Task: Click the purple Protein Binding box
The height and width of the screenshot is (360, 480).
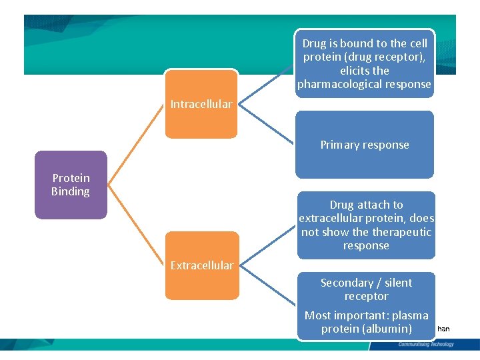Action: click(x=71, y=185)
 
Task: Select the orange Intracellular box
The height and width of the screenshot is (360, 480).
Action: click(x=201, y=104)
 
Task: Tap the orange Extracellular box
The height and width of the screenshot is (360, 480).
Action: click(x=201, y=265)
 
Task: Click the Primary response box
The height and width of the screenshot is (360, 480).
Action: click(x=365, y=145)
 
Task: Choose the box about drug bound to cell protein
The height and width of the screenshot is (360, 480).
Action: click(x=365, y=63)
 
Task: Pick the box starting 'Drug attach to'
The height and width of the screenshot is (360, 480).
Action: click(x=366, y=225)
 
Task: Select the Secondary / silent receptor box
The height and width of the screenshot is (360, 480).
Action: click(x=366, y=290)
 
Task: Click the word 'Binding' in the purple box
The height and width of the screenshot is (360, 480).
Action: click(x=71, y=191)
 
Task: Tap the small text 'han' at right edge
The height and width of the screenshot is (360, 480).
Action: click(x=443, y=329)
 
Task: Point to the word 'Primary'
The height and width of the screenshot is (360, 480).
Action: click(x=340, y=145)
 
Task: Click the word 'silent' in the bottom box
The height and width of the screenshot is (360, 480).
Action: click(x=397, y=283)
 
